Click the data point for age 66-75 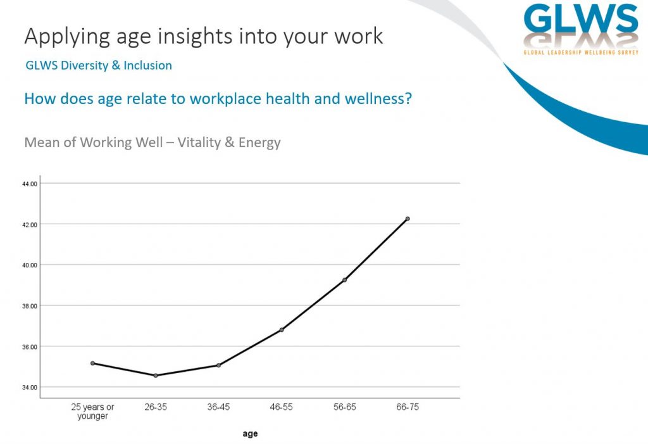(x=408, y=219)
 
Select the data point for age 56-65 (x=345, y=280)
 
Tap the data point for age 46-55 (x=282, y=330)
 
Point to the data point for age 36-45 (x=218, y=365)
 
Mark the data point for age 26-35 (x=156, y=376)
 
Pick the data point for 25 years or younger (x=92, y=363)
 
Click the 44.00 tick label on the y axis (x=29, y=184)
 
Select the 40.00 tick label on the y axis (x=29, y=265)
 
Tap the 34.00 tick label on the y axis (x=29, y=388)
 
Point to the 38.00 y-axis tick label (x=29, y=306)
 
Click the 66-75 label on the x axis (x=408, y=407)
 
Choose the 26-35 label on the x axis (x=156, y=407)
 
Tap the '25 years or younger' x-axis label (x=92, y=412)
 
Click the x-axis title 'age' (x=250, y=434)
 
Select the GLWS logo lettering (x=581, y=20)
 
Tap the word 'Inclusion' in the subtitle (x=147, y=65)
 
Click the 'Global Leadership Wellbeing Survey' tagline (x=581, y=53)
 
